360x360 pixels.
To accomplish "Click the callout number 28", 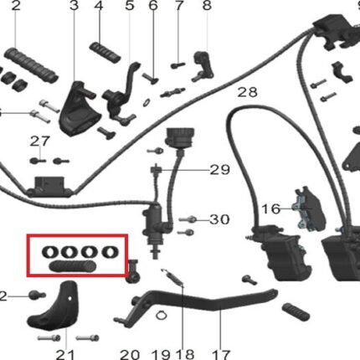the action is point(247,92).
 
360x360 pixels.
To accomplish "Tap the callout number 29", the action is point(219,170).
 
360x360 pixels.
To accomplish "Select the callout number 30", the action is point(219,219).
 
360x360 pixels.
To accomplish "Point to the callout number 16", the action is point(271,208).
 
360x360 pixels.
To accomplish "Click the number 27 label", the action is point(40,141).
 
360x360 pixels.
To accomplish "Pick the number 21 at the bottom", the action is point(65,355).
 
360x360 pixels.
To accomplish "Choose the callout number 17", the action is point(221,355).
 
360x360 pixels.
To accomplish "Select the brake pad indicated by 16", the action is point(309,208).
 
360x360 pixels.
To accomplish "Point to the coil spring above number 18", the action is point(172,277).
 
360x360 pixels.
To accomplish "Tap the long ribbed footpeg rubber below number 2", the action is point(31,65).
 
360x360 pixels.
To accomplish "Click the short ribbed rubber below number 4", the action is point(105,52).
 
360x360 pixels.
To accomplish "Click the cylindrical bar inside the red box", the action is point(73,266).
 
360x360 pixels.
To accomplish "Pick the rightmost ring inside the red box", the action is point(111,252).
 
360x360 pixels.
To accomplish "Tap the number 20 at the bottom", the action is point(130,355).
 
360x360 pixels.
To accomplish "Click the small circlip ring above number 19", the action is point(161,316).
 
